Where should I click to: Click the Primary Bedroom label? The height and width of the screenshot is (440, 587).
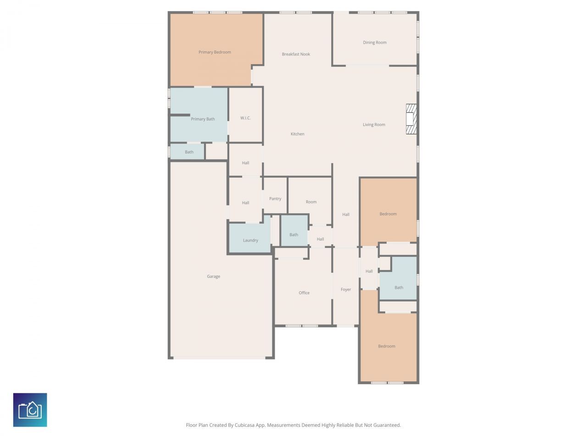tap(215, 52)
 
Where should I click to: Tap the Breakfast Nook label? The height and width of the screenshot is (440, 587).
tap(296, 54)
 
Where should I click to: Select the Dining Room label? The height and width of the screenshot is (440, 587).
tap(375, 43)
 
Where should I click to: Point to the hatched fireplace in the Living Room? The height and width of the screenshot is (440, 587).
tap(411, 119)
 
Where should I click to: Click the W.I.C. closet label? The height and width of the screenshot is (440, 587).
tap(245, 118)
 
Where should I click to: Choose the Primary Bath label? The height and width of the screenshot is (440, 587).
tap(203, 119)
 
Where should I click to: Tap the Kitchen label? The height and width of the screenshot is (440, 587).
tap(298, 134)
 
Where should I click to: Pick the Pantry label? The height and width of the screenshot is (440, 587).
tap(275, 199)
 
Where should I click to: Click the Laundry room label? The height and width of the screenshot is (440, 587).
tap(250, 241)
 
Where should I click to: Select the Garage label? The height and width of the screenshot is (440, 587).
tap(214, 277)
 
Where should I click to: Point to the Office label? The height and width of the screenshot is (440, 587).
tap(304, 293)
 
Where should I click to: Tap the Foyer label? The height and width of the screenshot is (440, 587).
tap(346, 290)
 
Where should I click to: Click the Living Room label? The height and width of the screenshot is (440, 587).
tap(374, 125)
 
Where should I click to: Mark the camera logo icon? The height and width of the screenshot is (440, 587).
tap(30, 410)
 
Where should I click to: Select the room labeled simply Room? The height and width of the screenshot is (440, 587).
tap(311, 202)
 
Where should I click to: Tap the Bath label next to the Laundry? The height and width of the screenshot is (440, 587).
tap(293, 235)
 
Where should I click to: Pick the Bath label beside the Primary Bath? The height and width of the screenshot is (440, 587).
tap(189, 152)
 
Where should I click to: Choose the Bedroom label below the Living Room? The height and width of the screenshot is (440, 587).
tap(388, 214)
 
